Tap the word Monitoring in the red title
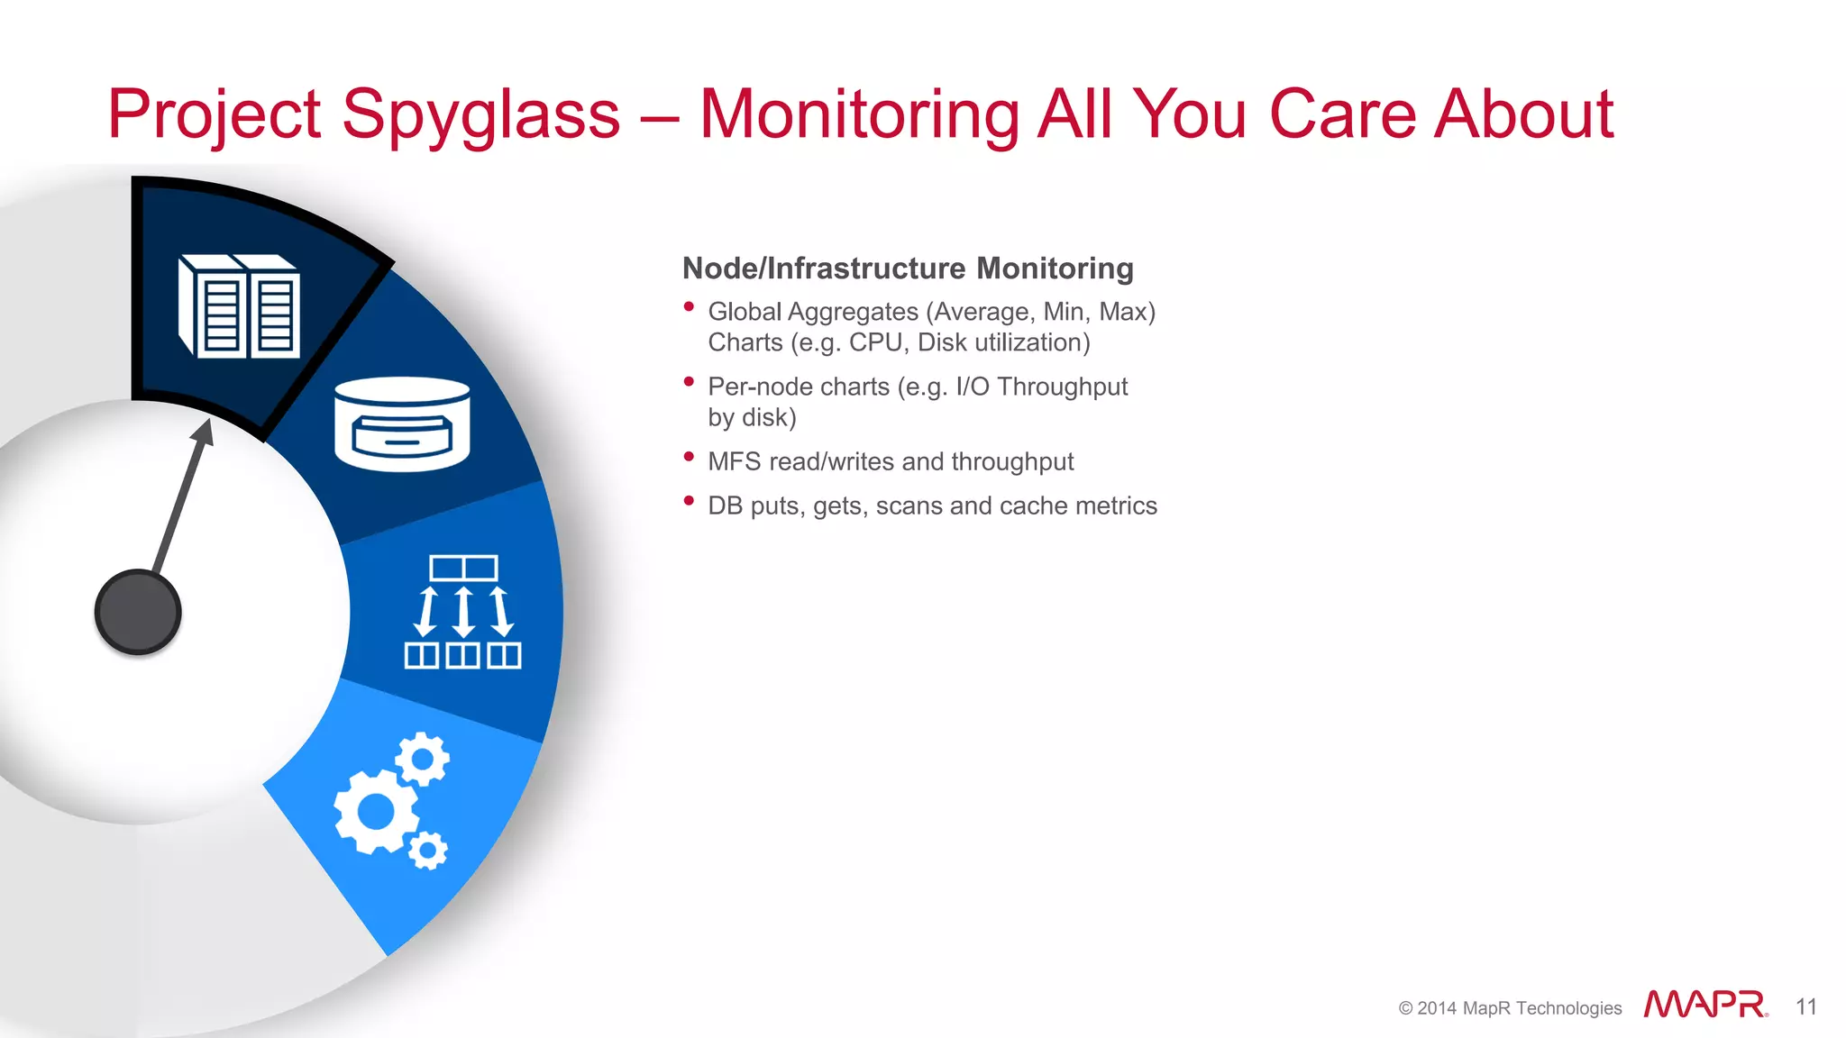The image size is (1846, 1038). pyautogui.click(x=859, y=115)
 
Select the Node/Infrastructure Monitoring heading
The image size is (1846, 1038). pyautogui.click(x=908, y=269)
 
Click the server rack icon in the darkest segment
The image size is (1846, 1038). pyautogui.click(x=240, y=307)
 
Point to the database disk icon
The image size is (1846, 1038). pyautogui.click(x=402, y=424)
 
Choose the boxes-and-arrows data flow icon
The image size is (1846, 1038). pyautogui.click(x=462, y=612)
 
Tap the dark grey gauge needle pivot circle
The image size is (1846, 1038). pyautogui.click(x=138, y=612)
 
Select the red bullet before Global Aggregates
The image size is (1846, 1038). pyautogui.click(x=689, y=307)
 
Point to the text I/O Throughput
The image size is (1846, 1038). pyautogui.click(x=1041, y=387)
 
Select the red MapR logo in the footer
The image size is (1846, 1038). pyautogui.click(x=1704, y=1005)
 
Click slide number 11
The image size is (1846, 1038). pyautogui.click(x=1805, y=1006)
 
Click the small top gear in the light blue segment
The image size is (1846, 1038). pyautogui.click(x=422, y=759)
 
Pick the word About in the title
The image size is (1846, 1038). pyautogui.click(x=1523, y=115)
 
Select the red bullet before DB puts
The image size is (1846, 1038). pyautogui.click(x=689, y=501)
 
